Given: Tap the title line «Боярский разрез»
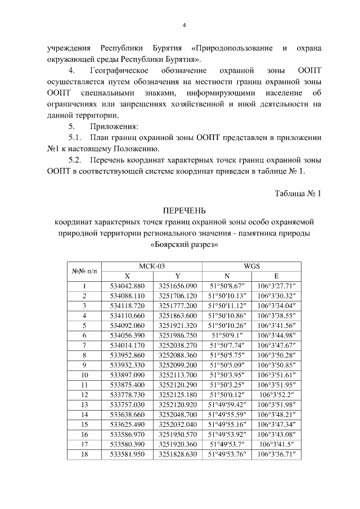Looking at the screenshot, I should [x=183, y=245].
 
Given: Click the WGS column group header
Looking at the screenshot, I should [x=251, y=267].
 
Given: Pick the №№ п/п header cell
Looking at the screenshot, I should [x=84, y=271].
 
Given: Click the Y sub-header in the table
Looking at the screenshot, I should [x=177, y=276].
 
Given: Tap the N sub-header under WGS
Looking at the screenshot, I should [x=227, y=276].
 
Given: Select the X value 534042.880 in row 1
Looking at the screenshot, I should [x=127, y=286].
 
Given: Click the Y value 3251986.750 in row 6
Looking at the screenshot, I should [x=177, y=335].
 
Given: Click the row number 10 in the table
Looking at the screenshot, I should [x=84, y=373].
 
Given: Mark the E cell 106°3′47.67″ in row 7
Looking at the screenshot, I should [x=276, y=344].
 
